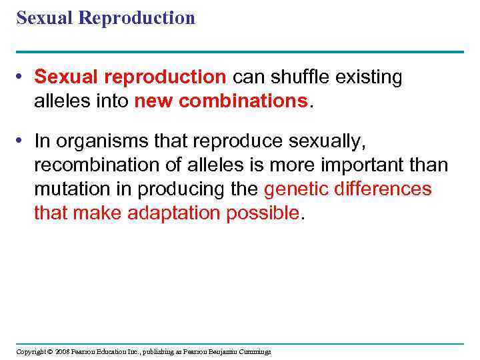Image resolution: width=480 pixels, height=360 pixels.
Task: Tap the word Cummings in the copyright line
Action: coord(253,351)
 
